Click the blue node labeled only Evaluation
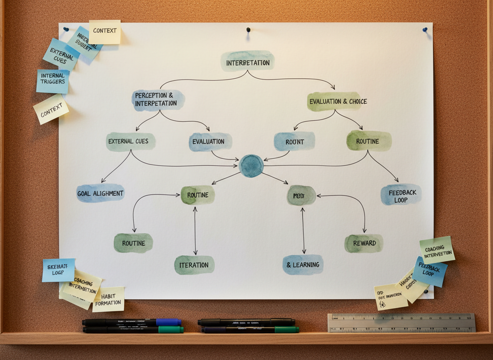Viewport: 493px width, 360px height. pyautogui.click(x=210, y=142)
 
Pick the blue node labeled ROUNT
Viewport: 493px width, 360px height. pyautogui.click(x=294, y=141)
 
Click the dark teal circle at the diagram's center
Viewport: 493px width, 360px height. pyautogui.click(x=251, y=166)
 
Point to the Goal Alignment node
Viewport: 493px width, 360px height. pyautogui.click(x=100, y=193)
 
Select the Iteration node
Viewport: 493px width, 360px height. pyautogui.click(x=194, y=265)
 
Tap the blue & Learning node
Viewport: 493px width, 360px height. pyautogui.click(x=303, y=265)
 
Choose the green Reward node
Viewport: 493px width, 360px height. pyautogui.click(x=364, y=243)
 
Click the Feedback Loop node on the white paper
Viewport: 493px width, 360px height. pyautogui.click(x=401, y=195)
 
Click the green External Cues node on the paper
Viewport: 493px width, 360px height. pyautogui.click(x=131, y=142)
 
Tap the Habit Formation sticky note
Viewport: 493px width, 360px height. pyautogui.click(x=108, y=299)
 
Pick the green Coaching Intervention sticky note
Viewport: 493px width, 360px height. pyautogui.click(x=437, y=250)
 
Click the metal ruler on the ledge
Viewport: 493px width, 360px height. pyautogui.click(x=401, y=322)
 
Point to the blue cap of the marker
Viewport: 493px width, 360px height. pyautogui.click(x=169, y=322)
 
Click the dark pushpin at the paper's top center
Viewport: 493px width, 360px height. pyautogui.click(x=248, y=30)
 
